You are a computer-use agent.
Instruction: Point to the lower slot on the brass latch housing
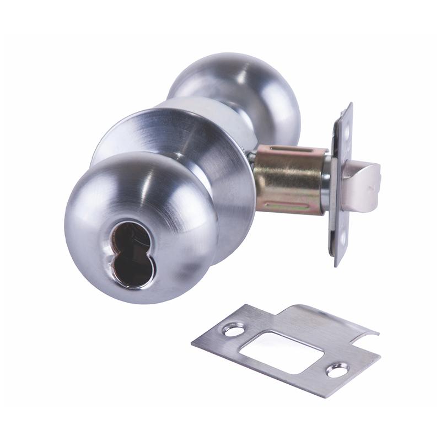[x=287, y=208]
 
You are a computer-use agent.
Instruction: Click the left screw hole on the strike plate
[x=234, y=331]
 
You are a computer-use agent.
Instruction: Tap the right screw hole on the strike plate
[x=337, y=370]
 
